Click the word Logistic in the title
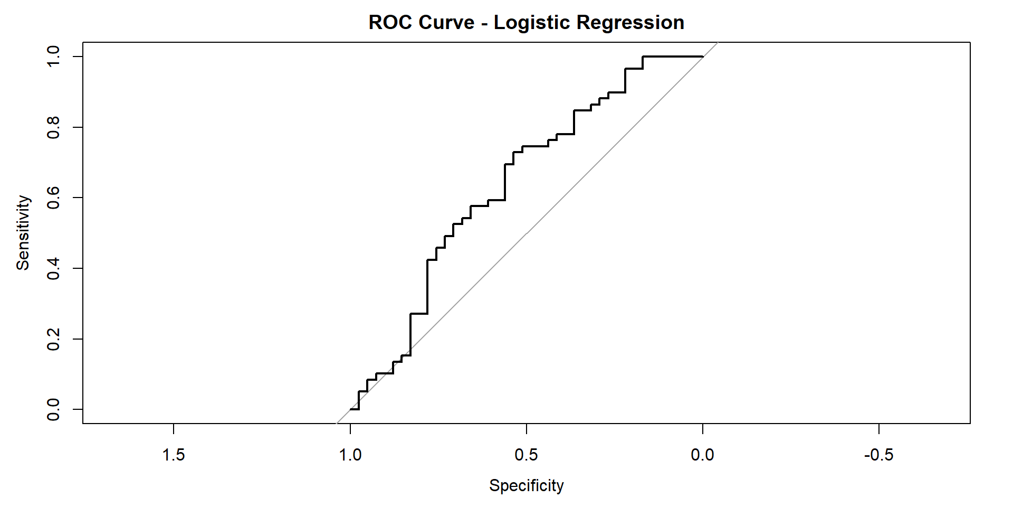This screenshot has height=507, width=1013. pyautogui.click(x=532, y=23)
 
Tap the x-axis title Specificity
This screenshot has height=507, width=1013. pyautogui.click(x=526, y=485)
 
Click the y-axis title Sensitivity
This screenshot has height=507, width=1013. pyautogui.click(x=23, y=233)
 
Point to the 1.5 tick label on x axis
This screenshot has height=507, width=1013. pyautogui.click(x=174, y=455)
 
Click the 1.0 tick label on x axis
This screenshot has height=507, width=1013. pyautogui.click(x=350, y=455)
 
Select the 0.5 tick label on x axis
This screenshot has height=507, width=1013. pyautogui.click(x=526, y=455)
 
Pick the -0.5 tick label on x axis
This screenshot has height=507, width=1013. pyautogui.click(x=878, y=455)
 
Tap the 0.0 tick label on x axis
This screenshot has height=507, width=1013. pyautogui.click(x=702, y=455)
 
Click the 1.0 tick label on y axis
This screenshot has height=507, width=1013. pyautogui.click(x=53, y=57)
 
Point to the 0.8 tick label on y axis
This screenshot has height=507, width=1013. pyautogui.click(x=53, y=127)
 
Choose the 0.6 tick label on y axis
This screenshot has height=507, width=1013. pyautogui.click(x=53, y=198)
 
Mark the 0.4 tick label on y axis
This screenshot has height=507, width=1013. pyautogui.click(x=53, y=268)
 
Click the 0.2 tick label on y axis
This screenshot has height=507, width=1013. pyautogui.click(x=53, y=339)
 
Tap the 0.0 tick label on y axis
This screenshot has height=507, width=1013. pyautogui.click(x=53, y=409)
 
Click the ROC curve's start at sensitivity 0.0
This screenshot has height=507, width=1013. pyautogui.click(x=351, y=409)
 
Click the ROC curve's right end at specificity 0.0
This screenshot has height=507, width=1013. pyautogui.click(x=702, y=57)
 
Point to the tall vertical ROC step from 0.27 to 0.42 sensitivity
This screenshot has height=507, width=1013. pyautogui.click(x=427, y=287)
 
